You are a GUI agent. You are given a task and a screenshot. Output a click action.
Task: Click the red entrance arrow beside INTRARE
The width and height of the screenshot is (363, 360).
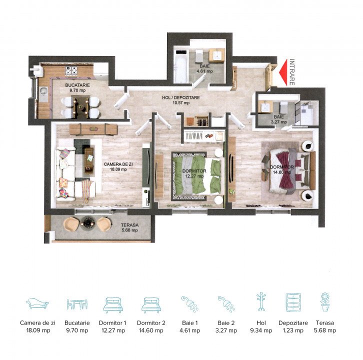pyautogui.click(x=283, y=72)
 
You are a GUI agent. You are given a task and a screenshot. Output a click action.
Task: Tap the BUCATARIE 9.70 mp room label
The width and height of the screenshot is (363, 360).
pyautogui.click(x=77, y=87)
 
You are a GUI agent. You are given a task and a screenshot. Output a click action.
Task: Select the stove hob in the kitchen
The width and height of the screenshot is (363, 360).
pyautogui.click(x=71, y=71)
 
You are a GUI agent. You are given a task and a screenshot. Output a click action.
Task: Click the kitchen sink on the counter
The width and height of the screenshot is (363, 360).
pyautogui.click(x=43, y=91)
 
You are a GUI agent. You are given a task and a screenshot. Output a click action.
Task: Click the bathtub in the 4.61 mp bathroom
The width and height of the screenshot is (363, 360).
pyautogui.click(x=181, y=66)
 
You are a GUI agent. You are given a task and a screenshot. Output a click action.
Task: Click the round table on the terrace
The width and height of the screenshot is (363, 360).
pyautogui.click(x=87, y=222)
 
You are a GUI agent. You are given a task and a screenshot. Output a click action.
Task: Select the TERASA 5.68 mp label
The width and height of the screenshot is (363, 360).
pyautogui.click(x=129, y=227)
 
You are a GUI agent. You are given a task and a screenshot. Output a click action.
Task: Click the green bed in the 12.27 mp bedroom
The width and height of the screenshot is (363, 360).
pyautogui.click(x=197, y=175)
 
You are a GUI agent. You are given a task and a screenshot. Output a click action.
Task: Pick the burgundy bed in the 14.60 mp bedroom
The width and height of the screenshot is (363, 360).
pyautogui.click(x=289, y=170)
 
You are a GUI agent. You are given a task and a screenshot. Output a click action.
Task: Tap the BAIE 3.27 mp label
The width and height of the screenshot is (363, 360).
pyautogui.click(x=278, y=119)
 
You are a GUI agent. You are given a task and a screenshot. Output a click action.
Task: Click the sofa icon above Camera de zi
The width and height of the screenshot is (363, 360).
pyautogui.click(x=37, y=303)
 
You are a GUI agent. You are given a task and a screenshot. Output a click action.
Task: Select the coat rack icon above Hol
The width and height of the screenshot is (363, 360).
pyautogui.click(x=261, y=301)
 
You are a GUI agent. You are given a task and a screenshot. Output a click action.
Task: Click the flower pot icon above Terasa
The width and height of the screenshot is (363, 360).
pyautogui.click(x=325, y=301)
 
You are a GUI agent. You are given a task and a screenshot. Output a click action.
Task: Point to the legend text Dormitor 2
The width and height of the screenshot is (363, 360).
pyautogui.click(x=151, y=322)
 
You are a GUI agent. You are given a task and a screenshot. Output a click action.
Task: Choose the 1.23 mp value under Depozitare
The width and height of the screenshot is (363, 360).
pyautogui.click(x=293, y=330)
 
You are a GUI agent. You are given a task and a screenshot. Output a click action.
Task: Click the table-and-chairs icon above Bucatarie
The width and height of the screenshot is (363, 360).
pyautogui.click(x=77, y=303)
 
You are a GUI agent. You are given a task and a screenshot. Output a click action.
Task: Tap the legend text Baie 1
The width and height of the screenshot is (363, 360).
pyautogui.click(x=190, y=322)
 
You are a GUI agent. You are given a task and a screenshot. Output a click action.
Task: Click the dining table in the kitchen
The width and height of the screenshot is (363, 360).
pyautogui.click(x=80, y=106)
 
